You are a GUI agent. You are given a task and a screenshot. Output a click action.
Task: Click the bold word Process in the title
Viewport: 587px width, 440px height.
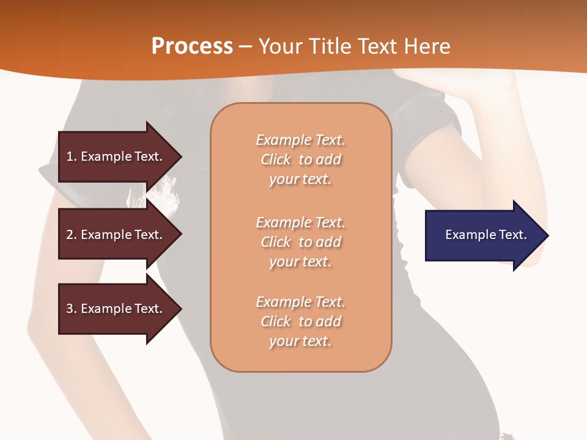click(x=192, y=46)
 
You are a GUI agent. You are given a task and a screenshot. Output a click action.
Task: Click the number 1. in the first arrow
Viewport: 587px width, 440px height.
click(x=72, y=156)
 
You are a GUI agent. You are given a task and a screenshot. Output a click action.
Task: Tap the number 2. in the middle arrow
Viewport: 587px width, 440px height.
click(x=72, y=235)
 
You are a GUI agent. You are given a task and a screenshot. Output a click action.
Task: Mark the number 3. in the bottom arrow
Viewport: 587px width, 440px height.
click(x=72, y=309)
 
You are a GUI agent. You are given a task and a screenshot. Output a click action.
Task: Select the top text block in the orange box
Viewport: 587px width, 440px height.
click(x=300, y=159)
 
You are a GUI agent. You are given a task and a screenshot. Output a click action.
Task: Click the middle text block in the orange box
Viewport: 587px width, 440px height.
click(x=300, y=242)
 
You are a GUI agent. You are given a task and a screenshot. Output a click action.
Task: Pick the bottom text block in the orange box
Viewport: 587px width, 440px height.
click(x=300, y=321)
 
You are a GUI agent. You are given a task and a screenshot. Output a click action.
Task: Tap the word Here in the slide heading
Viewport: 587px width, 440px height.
click(x=427, y=46)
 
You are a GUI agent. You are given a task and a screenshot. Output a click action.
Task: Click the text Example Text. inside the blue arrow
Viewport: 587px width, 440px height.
click(x=485, y=235)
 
